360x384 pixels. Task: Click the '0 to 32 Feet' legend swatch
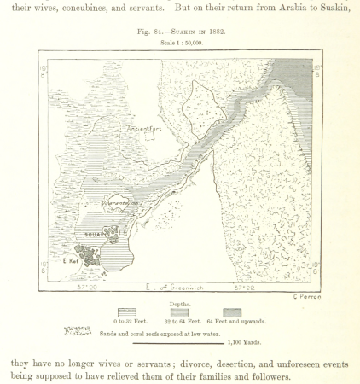pyautogui.click(x=126, y=312)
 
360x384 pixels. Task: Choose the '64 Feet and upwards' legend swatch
pyautogui.click(x=232, y=312)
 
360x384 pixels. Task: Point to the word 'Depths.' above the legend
pyautogui.click(x=180, y=303)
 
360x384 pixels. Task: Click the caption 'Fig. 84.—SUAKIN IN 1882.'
pyautogui.click(x=179, y=31)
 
